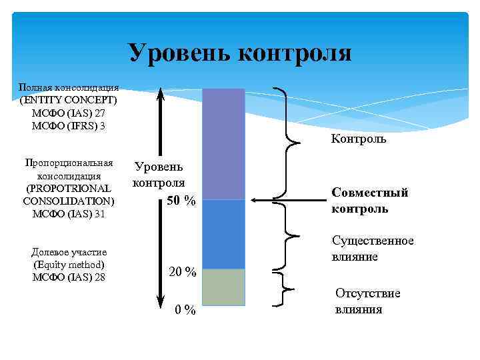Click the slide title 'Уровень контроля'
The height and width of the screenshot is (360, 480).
tap(239, 53)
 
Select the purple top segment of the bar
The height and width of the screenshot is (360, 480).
tap(223, 143)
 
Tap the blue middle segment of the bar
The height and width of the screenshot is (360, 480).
tap(223, 233)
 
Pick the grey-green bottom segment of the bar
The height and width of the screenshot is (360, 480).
tap(223, 287)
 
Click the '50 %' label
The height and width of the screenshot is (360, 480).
tap(181, 201)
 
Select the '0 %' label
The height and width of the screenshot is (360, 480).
tap(185, 310)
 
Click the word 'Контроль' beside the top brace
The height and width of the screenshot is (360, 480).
tap(358, 139)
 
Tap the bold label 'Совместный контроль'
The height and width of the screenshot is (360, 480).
tap(369, 200)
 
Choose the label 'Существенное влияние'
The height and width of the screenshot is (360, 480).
tap(373, 248)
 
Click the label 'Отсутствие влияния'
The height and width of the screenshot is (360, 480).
tap(367, 301)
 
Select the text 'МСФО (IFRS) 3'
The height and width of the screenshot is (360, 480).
tap(69, 125)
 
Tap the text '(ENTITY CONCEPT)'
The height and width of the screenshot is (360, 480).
tap(69, 100)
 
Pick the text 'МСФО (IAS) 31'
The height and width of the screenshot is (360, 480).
tap(69, 213)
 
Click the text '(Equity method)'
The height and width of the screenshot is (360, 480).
tap(69, 264)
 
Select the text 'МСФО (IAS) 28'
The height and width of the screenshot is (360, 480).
tap(69, 277)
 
